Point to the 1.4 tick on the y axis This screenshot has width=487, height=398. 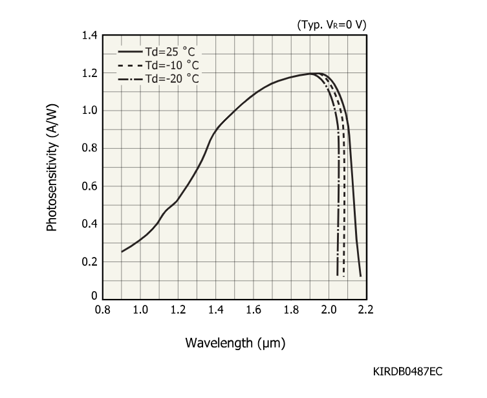pos(89,35)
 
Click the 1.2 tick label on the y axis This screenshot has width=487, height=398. pos(89,72)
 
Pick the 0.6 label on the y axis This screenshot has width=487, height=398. pos(89,186)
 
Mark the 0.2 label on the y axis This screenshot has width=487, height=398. pos(89,262)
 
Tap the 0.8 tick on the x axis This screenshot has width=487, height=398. pos(102,310)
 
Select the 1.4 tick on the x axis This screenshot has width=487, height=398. pos(216,310)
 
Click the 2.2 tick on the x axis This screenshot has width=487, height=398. pos(366,310)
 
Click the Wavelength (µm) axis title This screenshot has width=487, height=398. pos(235,342)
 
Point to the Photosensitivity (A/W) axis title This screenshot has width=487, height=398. pos(52,168)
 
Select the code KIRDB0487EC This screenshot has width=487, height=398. pos(407,372)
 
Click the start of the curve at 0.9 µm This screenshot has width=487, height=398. pos(122,252)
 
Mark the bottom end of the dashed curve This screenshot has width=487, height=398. pos(344,277)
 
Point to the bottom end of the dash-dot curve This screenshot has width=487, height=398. pos(338,276)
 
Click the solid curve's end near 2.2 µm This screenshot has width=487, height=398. pos(360,276)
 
